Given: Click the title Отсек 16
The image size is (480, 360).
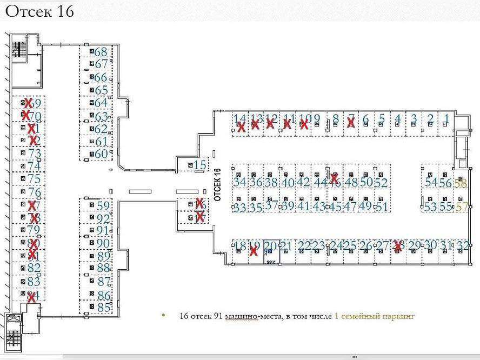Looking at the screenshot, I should coord(39,11).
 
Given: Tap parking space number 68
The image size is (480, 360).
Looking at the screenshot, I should coord(101,52).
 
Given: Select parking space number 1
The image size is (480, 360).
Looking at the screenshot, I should coord(446,118).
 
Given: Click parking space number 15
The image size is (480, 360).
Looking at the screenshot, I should coord(201,165).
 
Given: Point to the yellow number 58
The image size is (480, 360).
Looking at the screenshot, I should coord(461,183).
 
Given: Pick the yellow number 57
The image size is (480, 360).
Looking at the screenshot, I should coord(462,206).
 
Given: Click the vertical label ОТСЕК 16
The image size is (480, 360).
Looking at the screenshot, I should coord(217,184).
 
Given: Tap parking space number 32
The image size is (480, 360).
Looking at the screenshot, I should coord(462,245).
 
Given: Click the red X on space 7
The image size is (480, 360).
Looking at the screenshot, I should coord(351,123).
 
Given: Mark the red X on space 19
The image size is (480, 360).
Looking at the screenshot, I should coord(252,250).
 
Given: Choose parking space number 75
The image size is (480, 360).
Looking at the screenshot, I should coord(34,179).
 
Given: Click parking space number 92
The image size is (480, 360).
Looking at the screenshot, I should coord(103,218).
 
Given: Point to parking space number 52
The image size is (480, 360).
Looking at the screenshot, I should coord(382,183).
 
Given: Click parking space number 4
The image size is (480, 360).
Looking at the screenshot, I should coord(398,118).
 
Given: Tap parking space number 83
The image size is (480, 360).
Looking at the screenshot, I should coord(34,281).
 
